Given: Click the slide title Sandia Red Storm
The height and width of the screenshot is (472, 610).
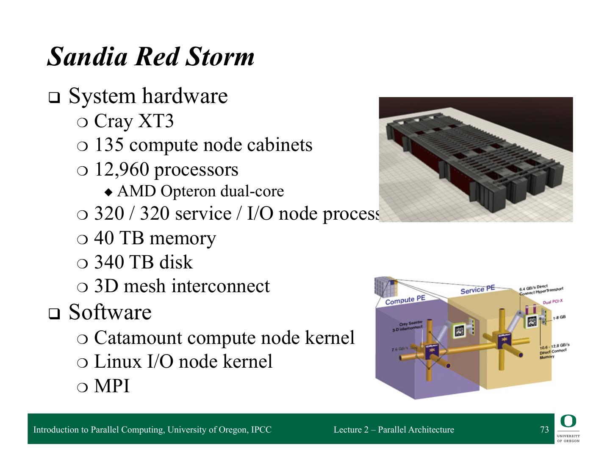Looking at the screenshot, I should (150, 57).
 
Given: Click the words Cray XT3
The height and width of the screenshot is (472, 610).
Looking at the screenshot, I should (133, 121).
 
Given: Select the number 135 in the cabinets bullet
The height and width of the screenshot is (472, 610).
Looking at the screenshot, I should (109, 145).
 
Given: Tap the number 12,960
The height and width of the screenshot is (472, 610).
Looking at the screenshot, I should (121, 170).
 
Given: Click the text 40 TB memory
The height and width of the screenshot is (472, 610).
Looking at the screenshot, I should (155, 238).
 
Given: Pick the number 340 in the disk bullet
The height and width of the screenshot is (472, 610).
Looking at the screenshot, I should (109, 263).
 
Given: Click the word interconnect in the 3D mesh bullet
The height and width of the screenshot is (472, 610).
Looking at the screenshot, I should (225, 286).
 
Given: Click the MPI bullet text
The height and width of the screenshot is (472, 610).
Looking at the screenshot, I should (112, 386).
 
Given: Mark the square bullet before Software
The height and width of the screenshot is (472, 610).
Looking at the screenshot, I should (54, 314).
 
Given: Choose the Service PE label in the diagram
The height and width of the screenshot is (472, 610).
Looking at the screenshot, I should (477, 290).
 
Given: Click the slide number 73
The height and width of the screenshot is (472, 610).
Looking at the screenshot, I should (544, 430).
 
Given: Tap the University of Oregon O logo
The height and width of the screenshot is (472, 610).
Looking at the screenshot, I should (568, 421).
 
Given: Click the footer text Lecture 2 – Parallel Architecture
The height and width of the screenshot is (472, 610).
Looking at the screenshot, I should (394, 430).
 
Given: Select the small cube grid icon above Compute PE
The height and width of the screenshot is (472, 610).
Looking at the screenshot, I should (384, 286).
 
